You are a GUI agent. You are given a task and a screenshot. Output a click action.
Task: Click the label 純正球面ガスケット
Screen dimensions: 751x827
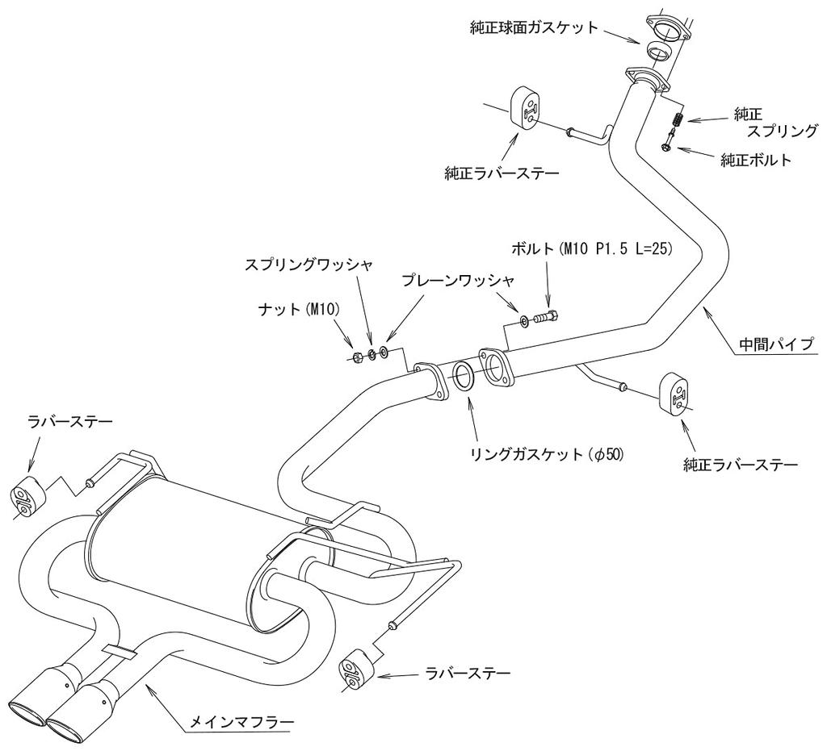click(x=534, y=27)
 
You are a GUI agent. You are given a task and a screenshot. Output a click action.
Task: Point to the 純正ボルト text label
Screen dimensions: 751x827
click(x=756, y=160)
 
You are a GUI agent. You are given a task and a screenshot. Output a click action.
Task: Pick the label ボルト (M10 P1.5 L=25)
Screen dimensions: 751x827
click(x=591, y=248)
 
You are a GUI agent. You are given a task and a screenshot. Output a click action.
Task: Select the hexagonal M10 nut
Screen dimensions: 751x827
click(x=357, y=356)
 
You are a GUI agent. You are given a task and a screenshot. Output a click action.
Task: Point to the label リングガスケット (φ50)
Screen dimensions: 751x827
click(x=547, y=453)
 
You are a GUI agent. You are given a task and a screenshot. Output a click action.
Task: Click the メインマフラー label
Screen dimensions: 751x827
click(x=241, y=721)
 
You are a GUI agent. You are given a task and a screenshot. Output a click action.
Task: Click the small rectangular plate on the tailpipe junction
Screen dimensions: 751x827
click(x=120, y=650)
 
